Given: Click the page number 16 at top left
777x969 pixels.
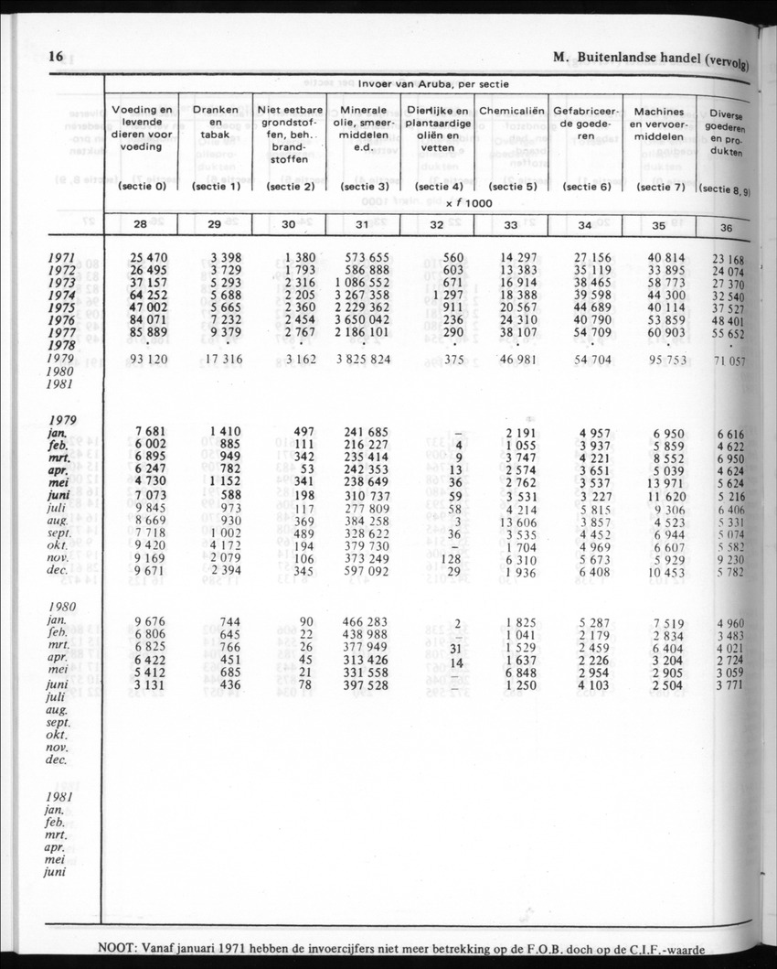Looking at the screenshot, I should click(56, 57).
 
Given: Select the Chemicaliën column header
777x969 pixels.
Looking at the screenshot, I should click(512, 111).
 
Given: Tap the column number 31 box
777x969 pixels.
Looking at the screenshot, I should click(362, 225).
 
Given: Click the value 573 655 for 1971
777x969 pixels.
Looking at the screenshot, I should click(362, 258).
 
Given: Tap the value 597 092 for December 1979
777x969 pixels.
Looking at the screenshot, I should click(362, 571).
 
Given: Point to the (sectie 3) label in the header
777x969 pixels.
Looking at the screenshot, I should click(363, 187).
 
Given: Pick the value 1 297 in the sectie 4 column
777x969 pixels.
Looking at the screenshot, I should click(442, 296).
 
